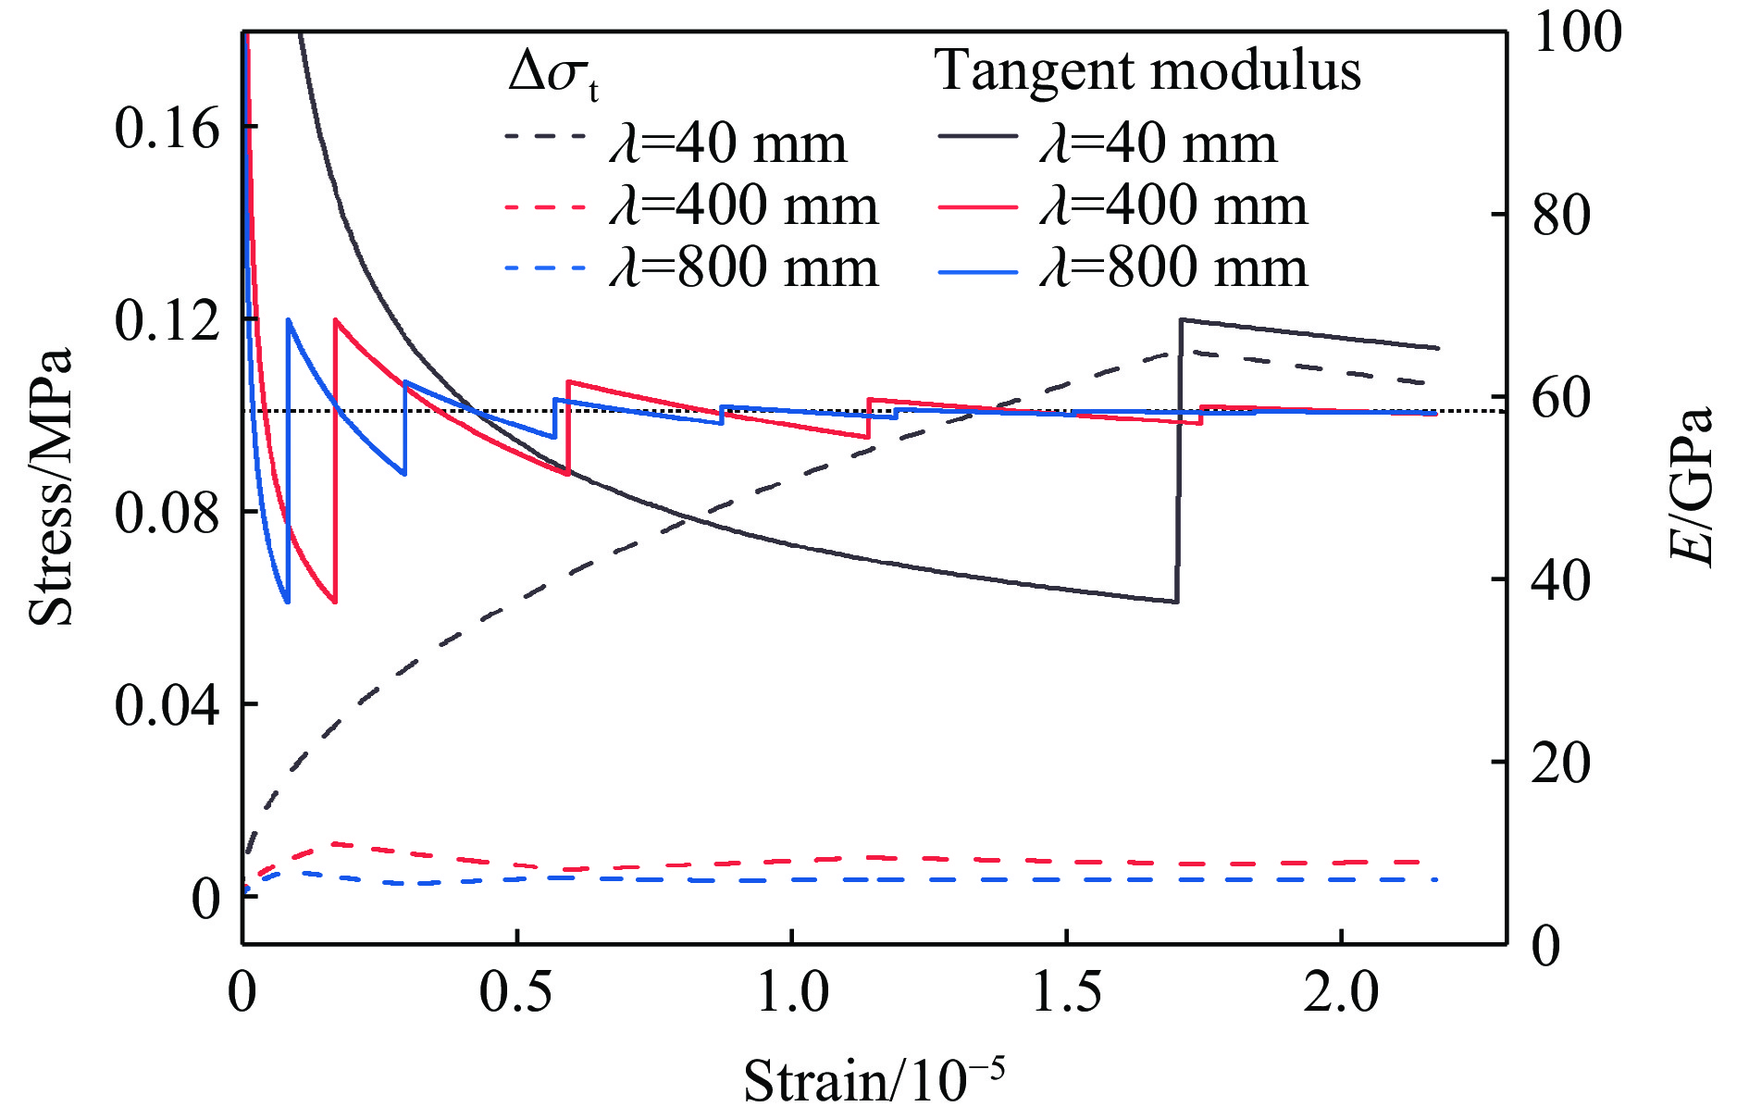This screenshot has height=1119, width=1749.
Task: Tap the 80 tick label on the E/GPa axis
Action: point(1561,215)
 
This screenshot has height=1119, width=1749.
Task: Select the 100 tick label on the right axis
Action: point(1577,32)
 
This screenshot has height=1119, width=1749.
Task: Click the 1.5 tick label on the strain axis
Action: point(1066,992)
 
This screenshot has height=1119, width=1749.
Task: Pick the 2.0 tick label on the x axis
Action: point(1341,992)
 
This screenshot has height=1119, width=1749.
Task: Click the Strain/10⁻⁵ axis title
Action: point(874,1079)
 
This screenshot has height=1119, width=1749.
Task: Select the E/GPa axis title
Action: point(1692,486)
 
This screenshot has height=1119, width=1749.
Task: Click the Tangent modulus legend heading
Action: point(1147,70)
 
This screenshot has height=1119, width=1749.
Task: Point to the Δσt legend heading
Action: point(552,74)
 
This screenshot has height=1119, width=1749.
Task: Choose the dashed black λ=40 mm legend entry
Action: point(676,143)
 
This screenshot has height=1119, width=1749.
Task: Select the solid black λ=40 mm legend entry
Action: point(1108,143)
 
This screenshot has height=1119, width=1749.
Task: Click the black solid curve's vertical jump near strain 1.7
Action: point(1179,463)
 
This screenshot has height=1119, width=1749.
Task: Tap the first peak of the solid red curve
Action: point(335,320)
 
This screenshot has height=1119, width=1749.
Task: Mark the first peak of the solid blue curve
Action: point(289,320)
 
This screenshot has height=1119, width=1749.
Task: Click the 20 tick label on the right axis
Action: point(1561,764)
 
